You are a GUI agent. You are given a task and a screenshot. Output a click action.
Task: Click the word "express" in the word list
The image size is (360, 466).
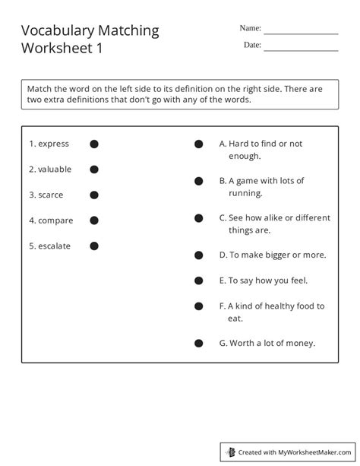tap(54, 144)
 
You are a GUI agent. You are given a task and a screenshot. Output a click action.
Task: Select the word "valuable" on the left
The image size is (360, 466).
tap(55, 170)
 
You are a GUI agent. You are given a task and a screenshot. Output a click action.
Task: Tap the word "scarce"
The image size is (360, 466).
tap(52, 195)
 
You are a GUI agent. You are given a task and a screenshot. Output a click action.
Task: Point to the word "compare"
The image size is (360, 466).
tap(56, 220)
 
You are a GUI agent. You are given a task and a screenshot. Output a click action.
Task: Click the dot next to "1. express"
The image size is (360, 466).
tap(95, 144)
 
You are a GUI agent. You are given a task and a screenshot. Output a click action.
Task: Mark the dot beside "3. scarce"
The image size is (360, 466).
tap(95, 195)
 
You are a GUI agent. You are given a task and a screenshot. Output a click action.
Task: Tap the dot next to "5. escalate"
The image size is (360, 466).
tap(95, 246)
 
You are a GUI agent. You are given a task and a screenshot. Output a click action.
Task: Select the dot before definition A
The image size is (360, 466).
tap(198, 144)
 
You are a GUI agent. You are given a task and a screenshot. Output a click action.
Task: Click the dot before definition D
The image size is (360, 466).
tap(198, 255)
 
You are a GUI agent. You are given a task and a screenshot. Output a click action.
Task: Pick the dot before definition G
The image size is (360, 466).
tap(198, 344)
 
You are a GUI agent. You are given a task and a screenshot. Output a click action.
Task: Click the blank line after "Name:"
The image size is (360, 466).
tap(301, 33)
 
